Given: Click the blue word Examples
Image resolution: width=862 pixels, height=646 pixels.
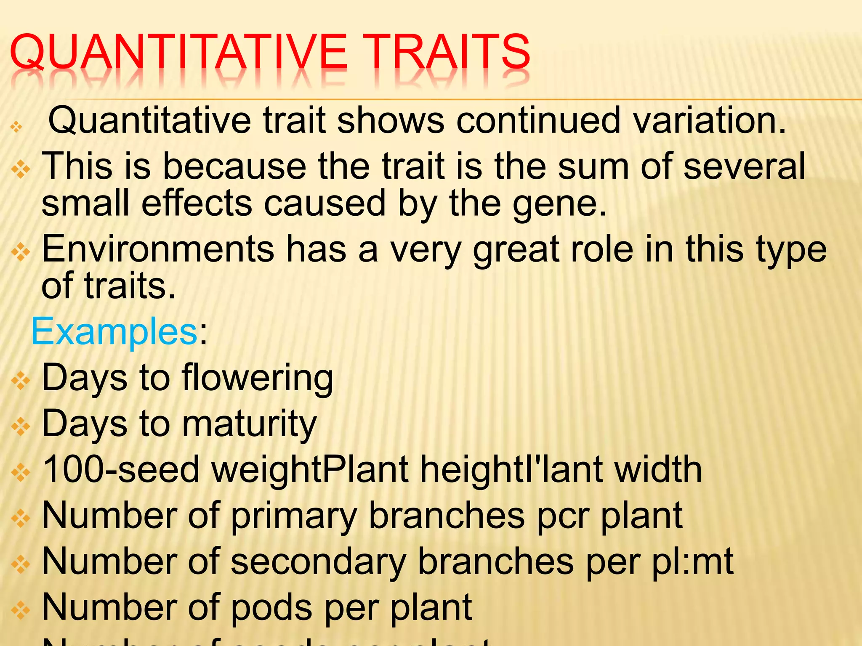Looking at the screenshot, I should (114, 331).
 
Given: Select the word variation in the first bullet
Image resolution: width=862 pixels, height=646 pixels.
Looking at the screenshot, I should (710, 121).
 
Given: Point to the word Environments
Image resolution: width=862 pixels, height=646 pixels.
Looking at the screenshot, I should (158, 249).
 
